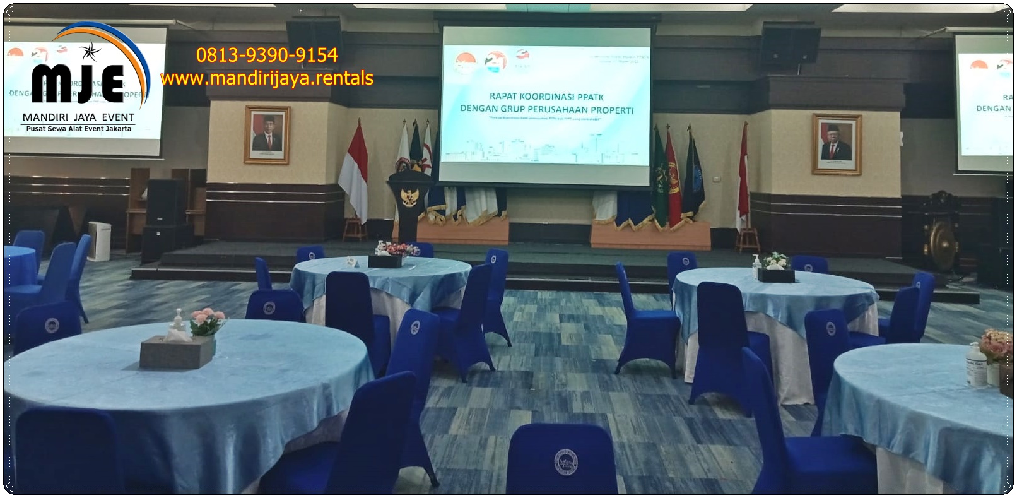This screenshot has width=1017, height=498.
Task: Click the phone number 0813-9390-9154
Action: coord(267,56)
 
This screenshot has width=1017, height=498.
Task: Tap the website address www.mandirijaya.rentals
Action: coord(267,79)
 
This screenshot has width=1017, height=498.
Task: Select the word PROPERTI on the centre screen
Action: coord(609,109)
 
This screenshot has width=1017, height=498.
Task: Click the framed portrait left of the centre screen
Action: coord(267,135)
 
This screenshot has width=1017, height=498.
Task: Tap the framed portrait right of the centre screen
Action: coord(837,145)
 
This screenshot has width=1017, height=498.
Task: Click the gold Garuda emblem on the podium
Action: coord(409,196)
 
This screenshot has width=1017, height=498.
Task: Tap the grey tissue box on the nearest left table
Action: coord(177,352)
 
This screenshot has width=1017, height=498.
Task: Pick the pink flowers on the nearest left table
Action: coord(206,319)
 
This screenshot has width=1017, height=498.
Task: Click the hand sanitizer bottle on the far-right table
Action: coord(976,365)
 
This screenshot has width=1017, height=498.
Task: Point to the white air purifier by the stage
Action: coord(99,240)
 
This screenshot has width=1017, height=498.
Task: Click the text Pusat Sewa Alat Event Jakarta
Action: coord(79,129)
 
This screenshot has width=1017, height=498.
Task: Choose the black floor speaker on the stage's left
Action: coord(166,202)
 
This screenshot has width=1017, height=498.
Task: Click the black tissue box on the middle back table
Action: coord(385,260)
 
